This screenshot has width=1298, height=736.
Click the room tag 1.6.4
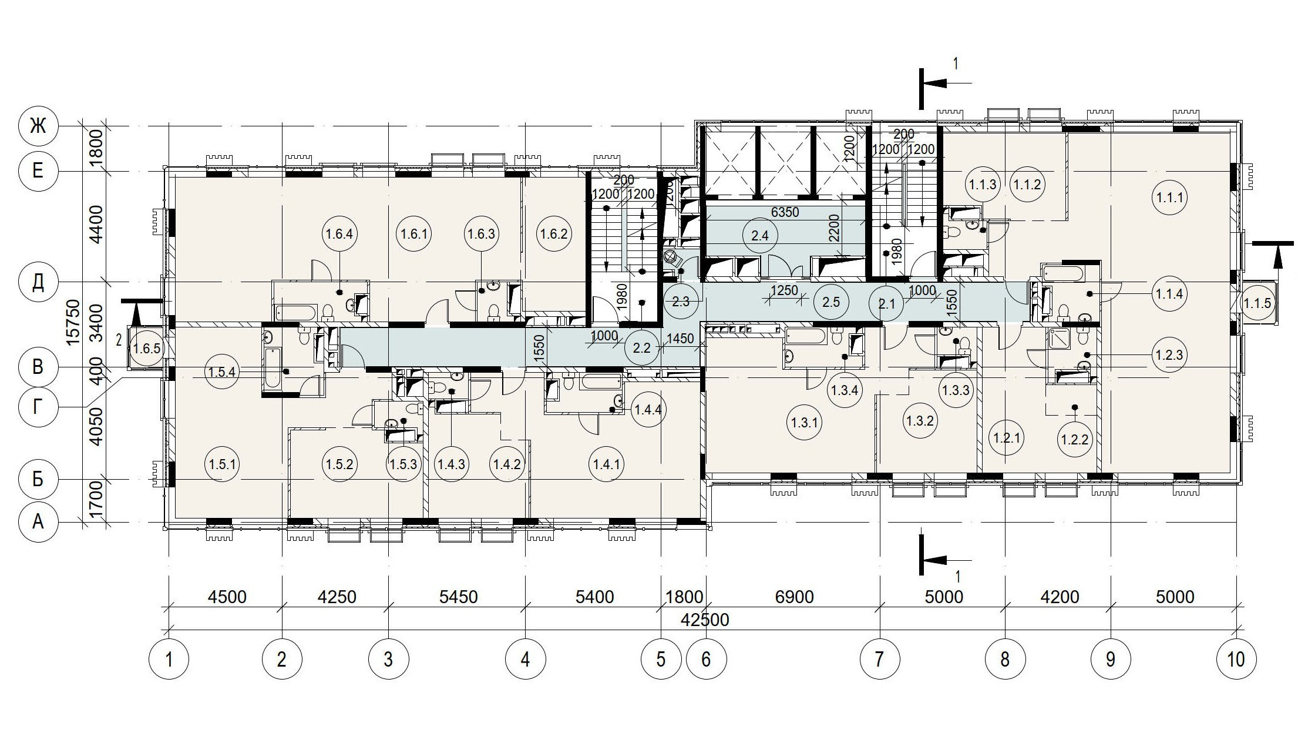[x=340, y=235]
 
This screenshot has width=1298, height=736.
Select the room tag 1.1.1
[x=1169, y=198]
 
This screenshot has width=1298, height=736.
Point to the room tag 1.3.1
[x=805, y=422]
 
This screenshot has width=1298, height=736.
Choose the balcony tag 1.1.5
[x=1257, y=304]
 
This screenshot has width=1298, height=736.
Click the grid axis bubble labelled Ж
[x=38, y=126]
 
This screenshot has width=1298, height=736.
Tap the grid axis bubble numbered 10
[x=1236, y=659]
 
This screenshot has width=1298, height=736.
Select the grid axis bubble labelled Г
[x=38, y=406]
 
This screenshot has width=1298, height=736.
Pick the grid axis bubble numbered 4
[x=525, y=659]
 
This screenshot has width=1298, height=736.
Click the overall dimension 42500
[x=705, y=620]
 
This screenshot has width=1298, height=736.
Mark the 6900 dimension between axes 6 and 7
[x=794, y=597]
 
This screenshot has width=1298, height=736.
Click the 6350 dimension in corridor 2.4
[x=785, y=212]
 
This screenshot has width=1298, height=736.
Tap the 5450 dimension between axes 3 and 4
[x=459, y=597]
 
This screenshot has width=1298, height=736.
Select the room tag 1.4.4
[x=647, y=410]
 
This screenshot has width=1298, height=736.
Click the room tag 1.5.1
[x=222, y=464]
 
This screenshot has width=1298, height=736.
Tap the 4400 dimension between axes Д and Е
[x=96, y=224]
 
